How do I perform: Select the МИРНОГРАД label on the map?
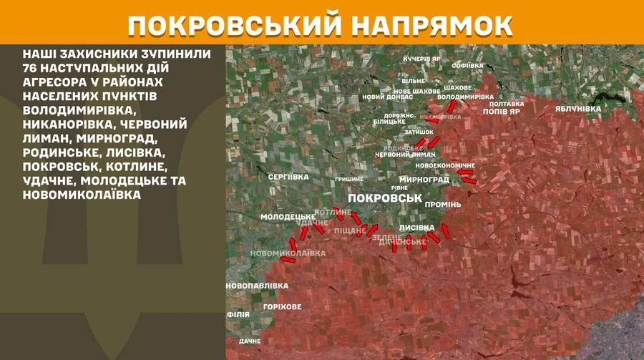(x=424, y=179)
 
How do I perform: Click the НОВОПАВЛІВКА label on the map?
(x=257, y=286)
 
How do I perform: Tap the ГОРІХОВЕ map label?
(x=282, y=306)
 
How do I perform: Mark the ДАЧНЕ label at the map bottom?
(x=250, y=341)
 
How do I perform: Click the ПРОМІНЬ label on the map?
(x=443, y=204)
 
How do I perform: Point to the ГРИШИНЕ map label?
(x=349, y=178)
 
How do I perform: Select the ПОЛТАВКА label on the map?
(x=507, y=103)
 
